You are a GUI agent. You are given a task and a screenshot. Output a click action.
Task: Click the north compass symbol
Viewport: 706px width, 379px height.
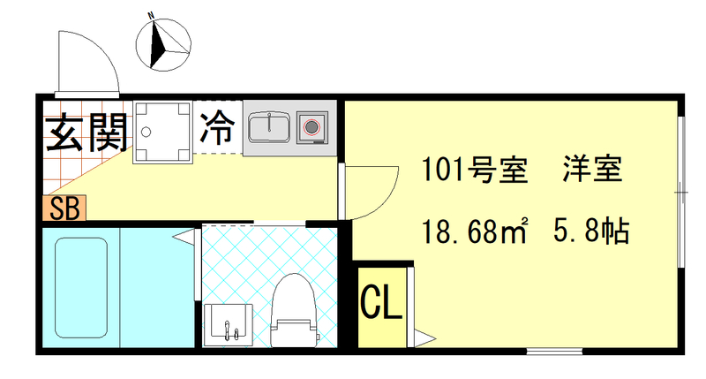(165, 42)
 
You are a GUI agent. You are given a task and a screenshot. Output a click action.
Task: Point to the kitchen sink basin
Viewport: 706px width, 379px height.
(268, 127)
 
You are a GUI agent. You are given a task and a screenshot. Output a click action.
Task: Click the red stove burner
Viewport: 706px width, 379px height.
(311, 127)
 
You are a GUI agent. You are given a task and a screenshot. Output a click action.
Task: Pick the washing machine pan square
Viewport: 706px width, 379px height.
(162, 133)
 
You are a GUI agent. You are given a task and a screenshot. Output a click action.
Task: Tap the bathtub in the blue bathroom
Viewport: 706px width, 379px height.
(80, 287)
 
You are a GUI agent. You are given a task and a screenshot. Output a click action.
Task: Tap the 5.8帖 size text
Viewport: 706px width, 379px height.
(590, 232)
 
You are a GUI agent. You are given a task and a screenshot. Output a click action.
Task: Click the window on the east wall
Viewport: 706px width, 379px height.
(681, 190)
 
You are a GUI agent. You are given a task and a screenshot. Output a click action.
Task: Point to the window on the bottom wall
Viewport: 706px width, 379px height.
(556, 351)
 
